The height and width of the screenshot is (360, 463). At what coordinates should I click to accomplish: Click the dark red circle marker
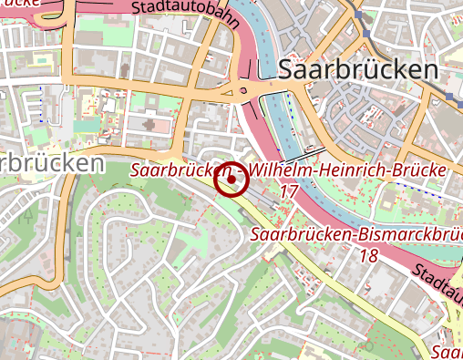231,180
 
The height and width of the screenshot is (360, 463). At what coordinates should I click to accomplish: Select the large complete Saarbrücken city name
358,70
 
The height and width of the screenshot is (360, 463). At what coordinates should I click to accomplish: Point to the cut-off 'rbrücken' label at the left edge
51,164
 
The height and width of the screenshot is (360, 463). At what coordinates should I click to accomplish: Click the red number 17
289,191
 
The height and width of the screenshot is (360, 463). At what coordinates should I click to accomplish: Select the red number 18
368,256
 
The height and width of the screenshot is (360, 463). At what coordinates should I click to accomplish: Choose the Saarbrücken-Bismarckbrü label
355,236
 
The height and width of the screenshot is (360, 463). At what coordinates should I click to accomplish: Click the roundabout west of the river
242,91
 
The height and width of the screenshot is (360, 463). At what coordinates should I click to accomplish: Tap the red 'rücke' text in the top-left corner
20,4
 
